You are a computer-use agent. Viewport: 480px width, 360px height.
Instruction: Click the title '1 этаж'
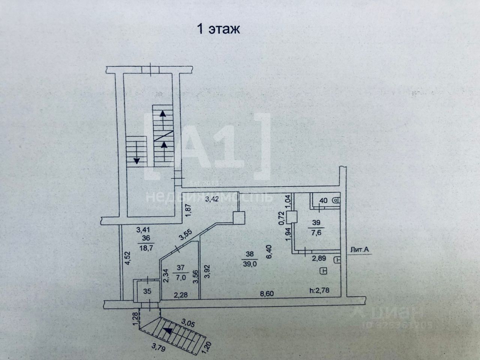pos(218,30)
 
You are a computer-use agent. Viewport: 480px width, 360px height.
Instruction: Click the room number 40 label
pos(322,201)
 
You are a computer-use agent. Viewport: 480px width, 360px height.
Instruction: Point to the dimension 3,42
pos(214,198)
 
